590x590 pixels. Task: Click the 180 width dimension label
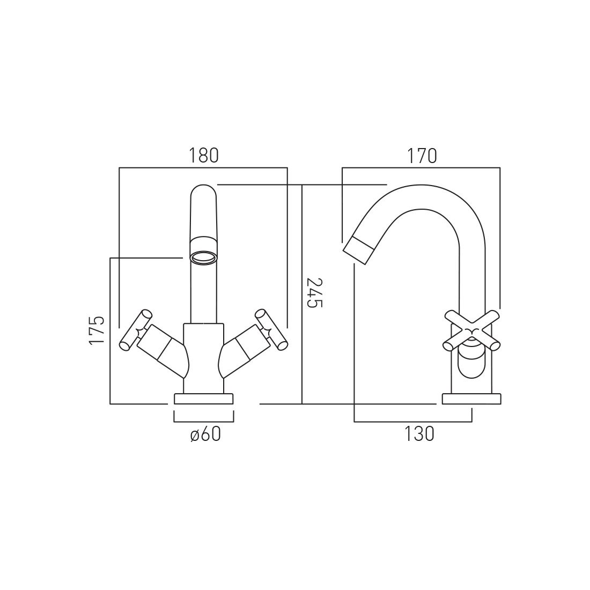click(203, 156)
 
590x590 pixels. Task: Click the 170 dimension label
click(422, 156)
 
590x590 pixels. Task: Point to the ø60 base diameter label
click(205, 434)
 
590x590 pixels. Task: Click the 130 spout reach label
click(419, 434)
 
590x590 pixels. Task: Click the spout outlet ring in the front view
click(204, 258)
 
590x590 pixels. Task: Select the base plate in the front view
click(204, 399)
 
